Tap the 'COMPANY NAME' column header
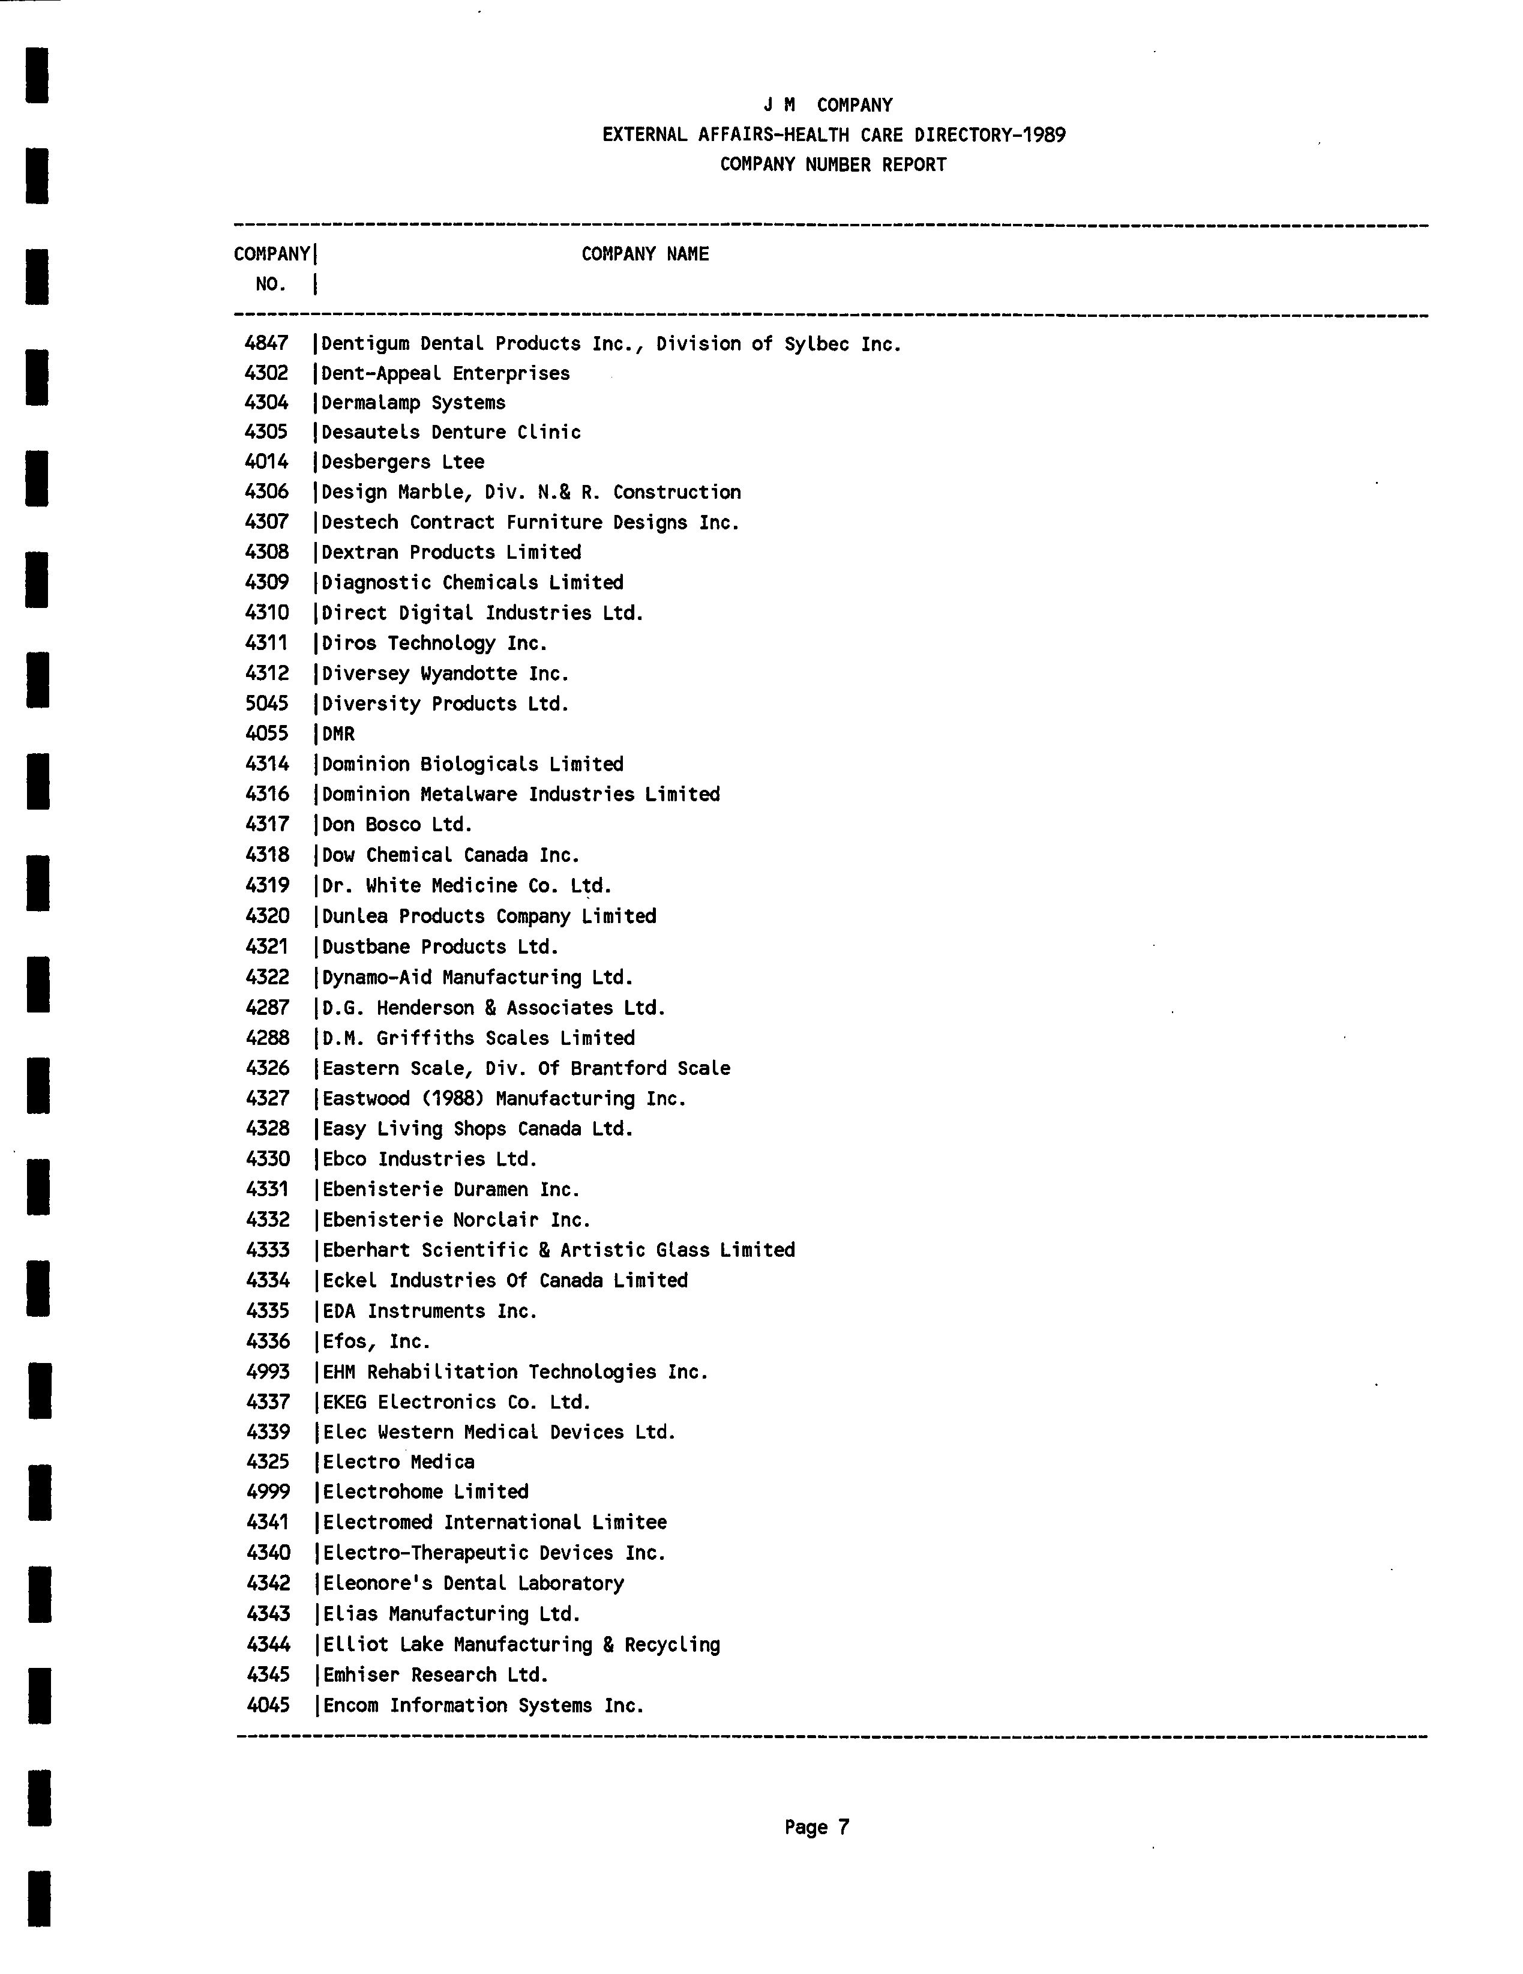[644, 254]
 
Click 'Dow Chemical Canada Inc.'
[450, 855]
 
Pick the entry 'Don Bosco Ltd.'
[397, 824]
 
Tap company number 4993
[268, 1371]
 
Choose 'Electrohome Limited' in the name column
[425, 1491]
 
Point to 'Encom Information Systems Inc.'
[482, 1706]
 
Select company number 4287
[268, 1007]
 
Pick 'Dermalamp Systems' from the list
[413, 403]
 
